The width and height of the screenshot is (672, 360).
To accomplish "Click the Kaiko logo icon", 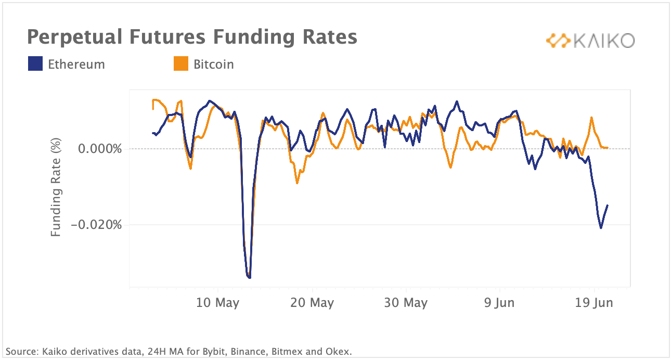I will click(558, 41).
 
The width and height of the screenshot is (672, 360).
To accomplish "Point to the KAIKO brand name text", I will click(604, 41).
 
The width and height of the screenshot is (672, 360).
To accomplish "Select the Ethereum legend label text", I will click(76, 65).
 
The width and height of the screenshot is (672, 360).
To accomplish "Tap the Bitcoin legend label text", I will click(214, 65).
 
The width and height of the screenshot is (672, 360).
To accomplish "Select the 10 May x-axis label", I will click(217, 303).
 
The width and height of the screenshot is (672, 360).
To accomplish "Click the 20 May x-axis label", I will click(312, 303).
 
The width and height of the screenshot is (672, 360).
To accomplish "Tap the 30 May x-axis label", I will click(406, 303).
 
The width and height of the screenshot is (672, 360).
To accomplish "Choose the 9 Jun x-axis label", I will click(499, 303).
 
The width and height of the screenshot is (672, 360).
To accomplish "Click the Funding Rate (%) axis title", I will click(56, 187).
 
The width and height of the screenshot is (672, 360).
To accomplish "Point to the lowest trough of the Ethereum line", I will click(250, 278).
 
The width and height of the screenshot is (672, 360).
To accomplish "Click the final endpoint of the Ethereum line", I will click(608, 205).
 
